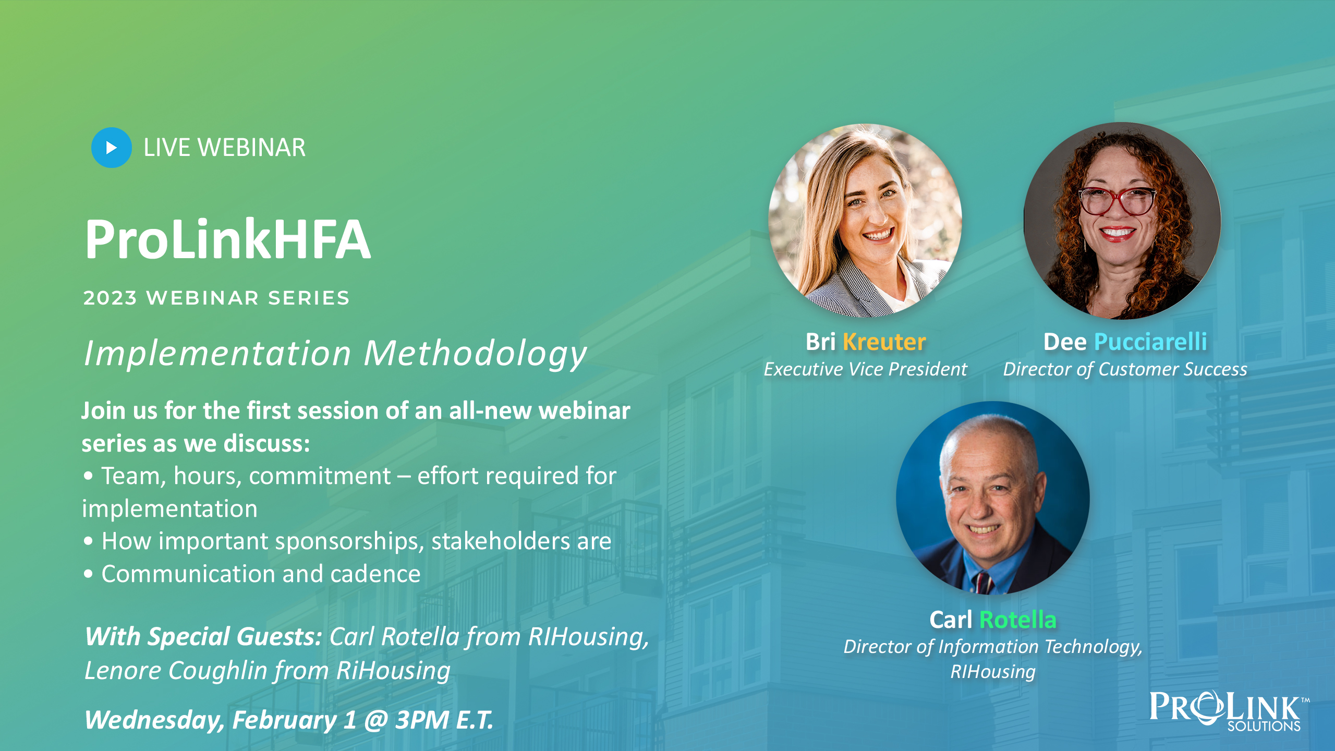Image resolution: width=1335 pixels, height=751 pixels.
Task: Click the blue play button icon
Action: click(x=112, y=148)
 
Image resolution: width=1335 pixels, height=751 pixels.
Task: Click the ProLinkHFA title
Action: click(x=228, y=239)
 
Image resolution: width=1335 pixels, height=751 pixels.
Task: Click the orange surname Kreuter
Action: click(x=884, y=342)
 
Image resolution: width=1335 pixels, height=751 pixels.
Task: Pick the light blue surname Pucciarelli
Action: click(x=1150, y=342)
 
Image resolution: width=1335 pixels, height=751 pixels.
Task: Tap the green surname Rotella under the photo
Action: click(x=1018, y=620)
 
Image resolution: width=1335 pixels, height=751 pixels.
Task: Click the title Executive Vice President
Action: click(x=866, y=369)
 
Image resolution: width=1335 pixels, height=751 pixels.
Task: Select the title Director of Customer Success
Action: click(x=1125, y=369)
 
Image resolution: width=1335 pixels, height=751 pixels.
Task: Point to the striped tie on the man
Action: click(x=982, y=582)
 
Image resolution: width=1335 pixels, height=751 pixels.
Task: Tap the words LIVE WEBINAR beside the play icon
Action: click(x=225, y=148)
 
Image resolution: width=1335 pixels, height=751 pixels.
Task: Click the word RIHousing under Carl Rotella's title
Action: click(x=993, y=672)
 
